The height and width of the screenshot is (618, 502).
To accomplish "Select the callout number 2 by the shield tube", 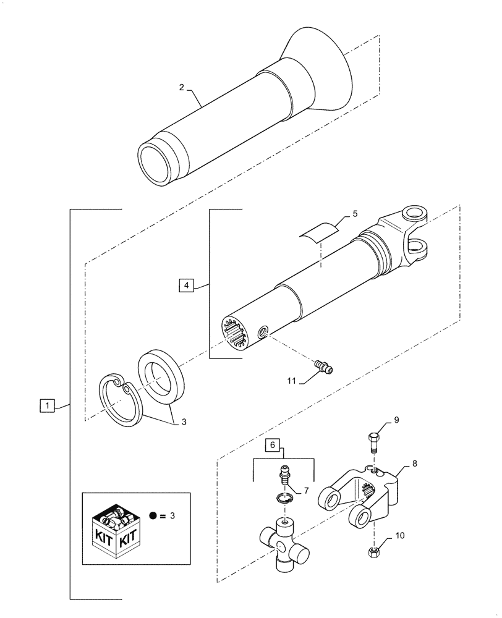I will coord(181,88).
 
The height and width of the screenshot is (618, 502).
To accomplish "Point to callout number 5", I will coord(354,214).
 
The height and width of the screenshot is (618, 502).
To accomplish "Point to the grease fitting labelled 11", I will coord(323,366).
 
